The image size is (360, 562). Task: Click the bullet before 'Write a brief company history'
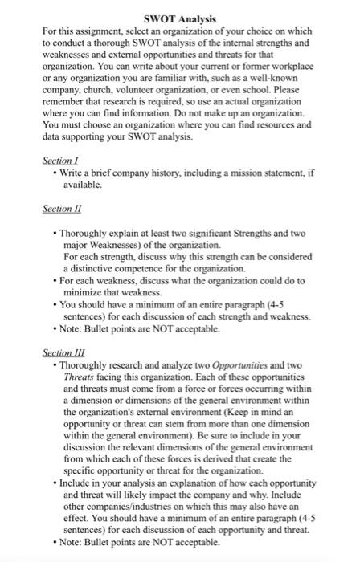click(53, 172)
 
